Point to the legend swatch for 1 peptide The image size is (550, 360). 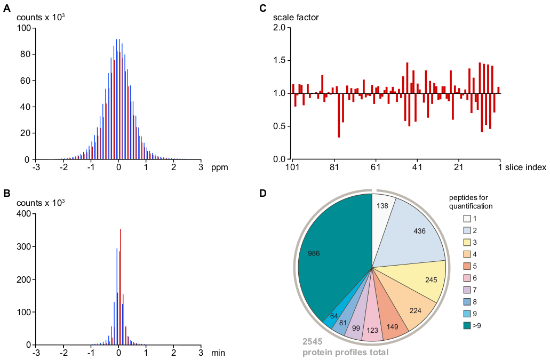point(467,218)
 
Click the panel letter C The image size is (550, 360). point(262,7)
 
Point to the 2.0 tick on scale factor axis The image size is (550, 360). point(280,27)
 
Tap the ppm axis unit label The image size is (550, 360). point(219,168)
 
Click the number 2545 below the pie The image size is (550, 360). point(313,342)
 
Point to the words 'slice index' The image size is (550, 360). point(526,168)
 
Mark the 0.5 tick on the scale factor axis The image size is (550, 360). point(280,126)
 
